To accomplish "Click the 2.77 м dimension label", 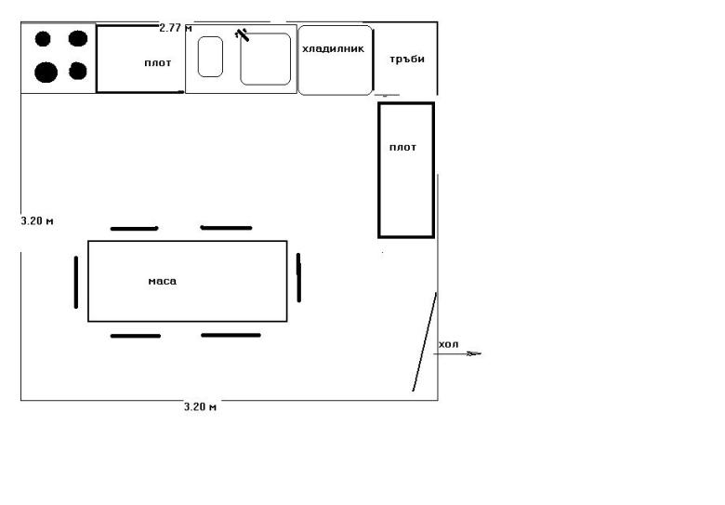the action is (x=176, y=28).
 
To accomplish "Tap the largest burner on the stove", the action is (x=46, y=73).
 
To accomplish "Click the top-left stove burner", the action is (x=43, y=39).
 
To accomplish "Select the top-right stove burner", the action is (x=78, y=38).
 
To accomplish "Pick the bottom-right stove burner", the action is (x=78, y=71).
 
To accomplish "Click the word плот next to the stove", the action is (x=158, y=63).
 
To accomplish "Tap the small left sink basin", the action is (x=210, y=57).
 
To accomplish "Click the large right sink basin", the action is (x=266, y=60).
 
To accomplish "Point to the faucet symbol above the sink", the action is (x=242, y=34).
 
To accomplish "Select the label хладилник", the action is (x=333, y=48).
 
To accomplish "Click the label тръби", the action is (x=407, y=60).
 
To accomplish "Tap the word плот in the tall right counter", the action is (x=402, y=148).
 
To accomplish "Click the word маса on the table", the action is (x=163, y=281).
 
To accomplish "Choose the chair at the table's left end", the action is (x=76, y=282).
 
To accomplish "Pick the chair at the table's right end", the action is (x=298, y=277).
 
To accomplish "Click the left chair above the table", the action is (x=134, y=229).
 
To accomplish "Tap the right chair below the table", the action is (x=231, y=336).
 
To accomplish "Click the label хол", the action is (x=449, y=344).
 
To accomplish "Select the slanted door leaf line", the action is (x=425, y=341).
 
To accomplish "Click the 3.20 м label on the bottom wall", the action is (x=200, y=407).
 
